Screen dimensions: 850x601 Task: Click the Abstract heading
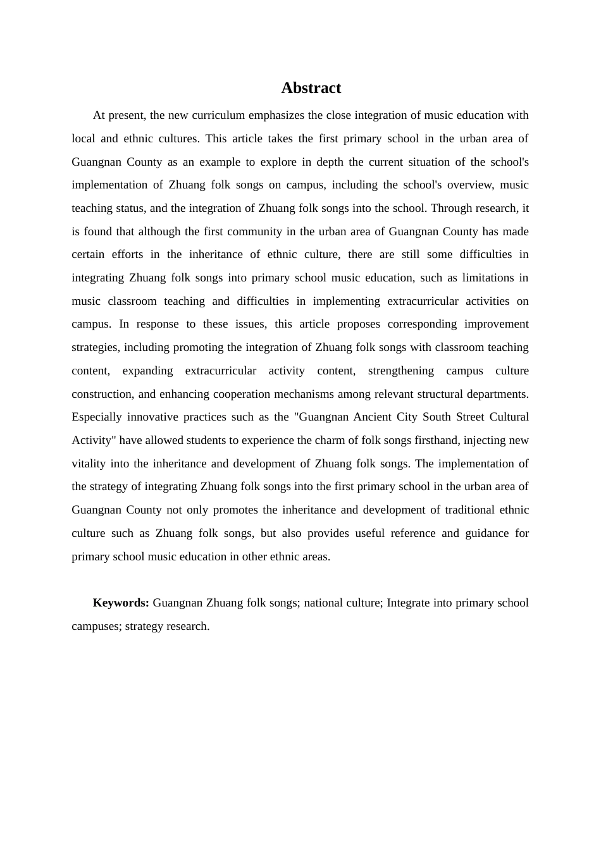[311, 88]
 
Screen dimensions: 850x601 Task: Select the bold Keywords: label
[121, 603]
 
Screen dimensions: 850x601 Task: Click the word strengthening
[400, 371]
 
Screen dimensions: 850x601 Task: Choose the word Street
[469, 417]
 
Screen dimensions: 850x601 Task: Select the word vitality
[89, 464]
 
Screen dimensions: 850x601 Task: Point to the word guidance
[486, 533]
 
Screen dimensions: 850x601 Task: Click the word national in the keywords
[323, 603]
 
